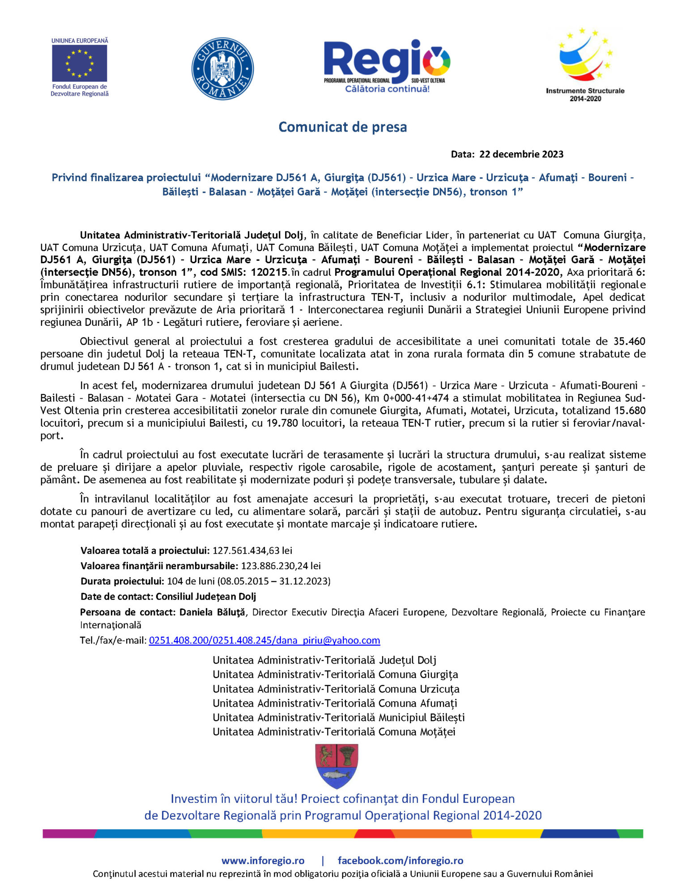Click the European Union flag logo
tap(79, 63)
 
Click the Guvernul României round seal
tap(222, 68)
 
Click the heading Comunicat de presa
tap(342, 127)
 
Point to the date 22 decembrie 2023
tap(521, 154)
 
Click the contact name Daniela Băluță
tap(212, 612)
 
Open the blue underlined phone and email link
tap(264, 640)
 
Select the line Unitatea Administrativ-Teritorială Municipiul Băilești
tap(339, 717)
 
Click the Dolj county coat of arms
tap(337, 766)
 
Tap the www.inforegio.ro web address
tap(263, 861)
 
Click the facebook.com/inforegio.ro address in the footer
tap(401, 861)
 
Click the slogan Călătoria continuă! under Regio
tap(387, 89)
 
